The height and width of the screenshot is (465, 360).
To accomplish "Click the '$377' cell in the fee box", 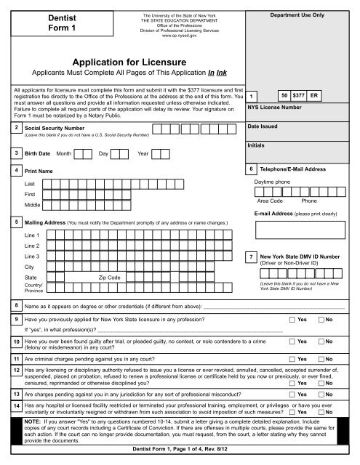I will (x=298, y=95).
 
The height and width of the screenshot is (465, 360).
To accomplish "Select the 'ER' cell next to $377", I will (x=315, y=95).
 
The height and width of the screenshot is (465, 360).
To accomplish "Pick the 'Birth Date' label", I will (x=37, y=154).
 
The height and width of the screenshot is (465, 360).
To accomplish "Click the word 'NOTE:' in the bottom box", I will (x=34, y=421).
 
